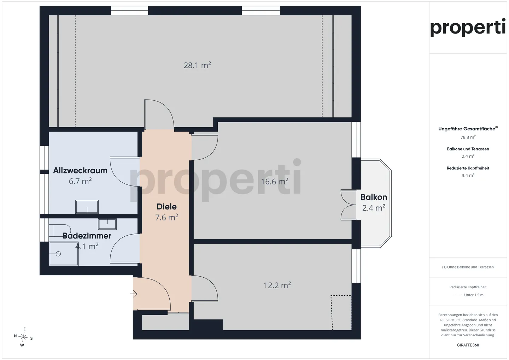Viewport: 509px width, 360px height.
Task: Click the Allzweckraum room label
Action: [x=80, y=170]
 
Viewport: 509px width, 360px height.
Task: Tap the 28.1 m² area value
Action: [x=197, y=65]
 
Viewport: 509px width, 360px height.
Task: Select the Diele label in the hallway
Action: [x=166, y=206]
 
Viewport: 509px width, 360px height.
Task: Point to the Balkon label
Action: [x=374, y=197]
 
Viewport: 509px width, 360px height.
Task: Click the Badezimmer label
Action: [x=87, y=236]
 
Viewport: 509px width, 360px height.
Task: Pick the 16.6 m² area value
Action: [x=275, y=182]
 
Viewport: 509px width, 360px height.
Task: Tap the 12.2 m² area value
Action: [x=277, y=285]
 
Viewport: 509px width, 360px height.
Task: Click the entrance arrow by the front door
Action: [x=134, y=294]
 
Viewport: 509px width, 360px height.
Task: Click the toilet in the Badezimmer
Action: [x=59, y=231]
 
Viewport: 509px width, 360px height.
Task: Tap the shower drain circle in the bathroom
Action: [x=58, y=254]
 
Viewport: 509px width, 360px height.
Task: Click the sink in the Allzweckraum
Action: [x=87, y=206]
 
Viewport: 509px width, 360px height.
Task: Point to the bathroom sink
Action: [x=107, y=224]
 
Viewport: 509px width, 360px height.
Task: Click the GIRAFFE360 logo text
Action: [x=468, y=345]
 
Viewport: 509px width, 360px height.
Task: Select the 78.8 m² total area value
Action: [x=468, y=137]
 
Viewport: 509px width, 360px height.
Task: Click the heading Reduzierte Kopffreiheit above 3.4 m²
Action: [x=468, y=168]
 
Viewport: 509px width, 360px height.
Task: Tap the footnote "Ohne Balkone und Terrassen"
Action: [x=470, y=267]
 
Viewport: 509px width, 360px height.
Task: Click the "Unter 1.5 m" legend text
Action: [x=474, y=295]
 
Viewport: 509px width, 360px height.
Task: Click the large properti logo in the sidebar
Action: [x=468, y=28]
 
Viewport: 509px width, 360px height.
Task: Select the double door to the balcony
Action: [x=349, y=205]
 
